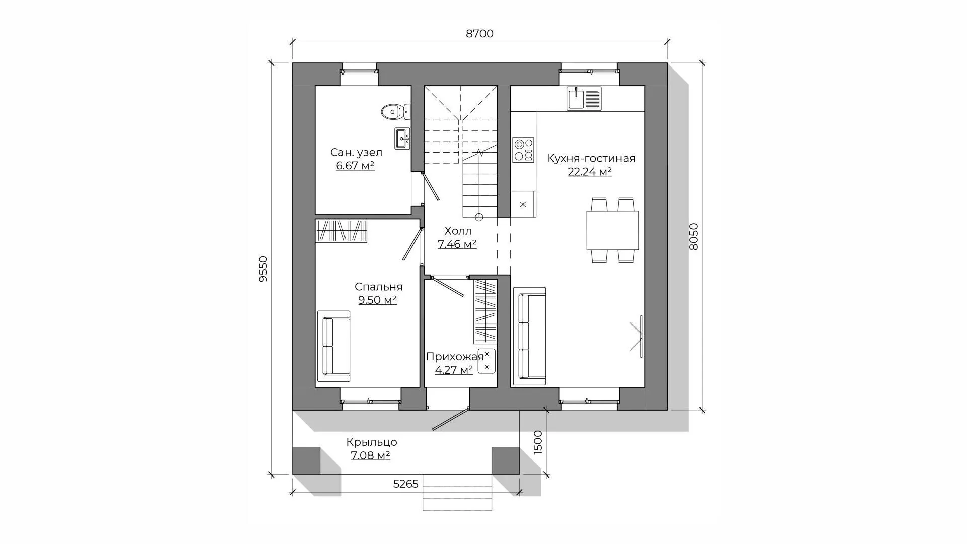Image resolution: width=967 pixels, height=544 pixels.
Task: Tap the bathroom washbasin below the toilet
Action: (x=402, y=138)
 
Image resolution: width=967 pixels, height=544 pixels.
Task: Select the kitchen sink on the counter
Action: (x=584, y=98)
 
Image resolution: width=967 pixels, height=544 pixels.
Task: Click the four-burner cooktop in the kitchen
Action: (x=523, y=150)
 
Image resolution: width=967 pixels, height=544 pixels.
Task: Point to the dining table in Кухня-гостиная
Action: (x=612, y=230)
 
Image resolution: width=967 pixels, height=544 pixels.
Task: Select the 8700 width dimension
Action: (x=479, y=34)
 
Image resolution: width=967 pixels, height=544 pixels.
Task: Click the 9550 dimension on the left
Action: (x=263, y=268)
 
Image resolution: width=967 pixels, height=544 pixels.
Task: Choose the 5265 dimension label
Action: (x=405, y=484)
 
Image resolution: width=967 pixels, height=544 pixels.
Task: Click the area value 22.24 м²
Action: (x=590, y=172)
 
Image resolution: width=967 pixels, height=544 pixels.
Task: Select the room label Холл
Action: (x=458, y=231)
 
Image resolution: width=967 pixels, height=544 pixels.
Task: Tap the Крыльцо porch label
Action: (x=372, y=442)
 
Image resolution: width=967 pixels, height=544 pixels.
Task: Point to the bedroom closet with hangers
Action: (x=341, y=231)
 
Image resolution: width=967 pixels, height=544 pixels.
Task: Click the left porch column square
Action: (x=306, y=460)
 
